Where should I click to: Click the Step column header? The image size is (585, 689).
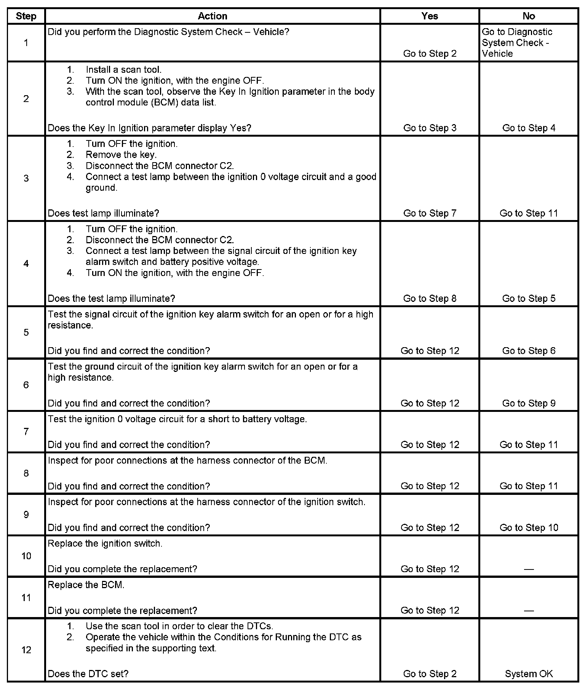coord(26,16)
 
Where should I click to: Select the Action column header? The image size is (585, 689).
coord(213,16)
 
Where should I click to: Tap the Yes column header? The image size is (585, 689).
coord(430,16)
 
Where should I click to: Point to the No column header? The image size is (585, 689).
coord(529,16)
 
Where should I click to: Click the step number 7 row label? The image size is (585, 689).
coord(26,431)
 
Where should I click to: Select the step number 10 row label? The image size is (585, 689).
coord(26,556)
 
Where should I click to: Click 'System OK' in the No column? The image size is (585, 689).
coord(529,674)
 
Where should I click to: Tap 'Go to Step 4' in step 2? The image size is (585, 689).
coord(529,128)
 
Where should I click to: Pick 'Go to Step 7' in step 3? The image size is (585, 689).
coord(430,213)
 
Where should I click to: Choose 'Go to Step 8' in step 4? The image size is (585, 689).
coord(430,298)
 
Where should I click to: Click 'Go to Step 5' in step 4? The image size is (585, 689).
coord(529,298)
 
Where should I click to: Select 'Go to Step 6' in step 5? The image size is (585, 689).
coord(529,351)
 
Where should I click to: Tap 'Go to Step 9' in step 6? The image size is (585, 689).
coord(529,403)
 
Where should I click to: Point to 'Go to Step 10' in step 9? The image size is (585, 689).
coord(529,528)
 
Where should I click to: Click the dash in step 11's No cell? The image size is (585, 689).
coord(529,611)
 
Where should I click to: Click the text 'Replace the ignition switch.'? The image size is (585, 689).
coord(105,544)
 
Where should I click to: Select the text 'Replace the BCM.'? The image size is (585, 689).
coord(86,585)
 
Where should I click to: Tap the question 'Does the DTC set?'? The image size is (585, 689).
coord(88,674)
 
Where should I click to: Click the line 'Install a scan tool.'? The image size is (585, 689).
coord(123,70)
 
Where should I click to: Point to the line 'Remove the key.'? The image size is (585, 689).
coord(121,155)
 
